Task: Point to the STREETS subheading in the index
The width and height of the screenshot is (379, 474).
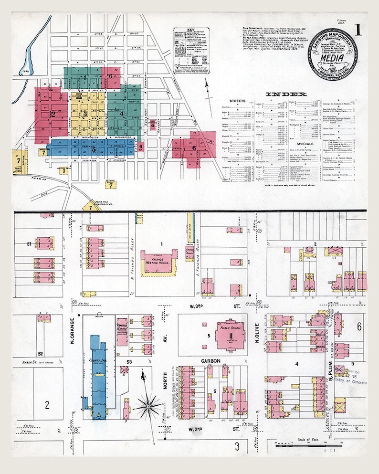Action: [x=237, y=101]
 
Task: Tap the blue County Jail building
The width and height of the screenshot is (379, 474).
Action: [x=98, y=377]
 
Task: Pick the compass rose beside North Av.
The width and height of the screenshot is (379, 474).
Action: [x=148, y=406]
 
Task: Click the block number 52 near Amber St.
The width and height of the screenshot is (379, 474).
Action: [x=41, y=354]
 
